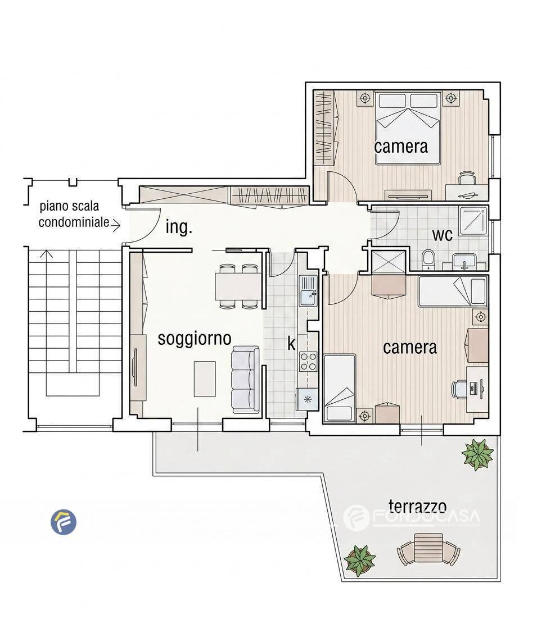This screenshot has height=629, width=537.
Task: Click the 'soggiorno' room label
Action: coord(195,339)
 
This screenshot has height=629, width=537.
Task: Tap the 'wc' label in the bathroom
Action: coord(442,235)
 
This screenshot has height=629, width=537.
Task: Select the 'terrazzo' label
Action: coord(417,506)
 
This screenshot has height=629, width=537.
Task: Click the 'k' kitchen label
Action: coord(291,344)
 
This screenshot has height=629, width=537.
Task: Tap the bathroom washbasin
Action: coord(464,262)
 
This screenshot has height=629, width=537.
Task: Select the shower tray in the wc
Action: coord(473,220)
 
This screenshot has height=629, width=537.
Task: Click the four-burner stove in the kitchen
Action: coord(308,361)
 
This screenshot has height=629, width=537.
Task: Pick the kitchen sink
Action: coord(309,291)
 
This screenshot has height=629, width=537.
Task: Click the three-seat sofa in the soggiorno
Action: coord(245,380)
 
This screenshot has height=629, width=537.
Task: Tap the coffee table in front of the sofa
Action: coord(205,379)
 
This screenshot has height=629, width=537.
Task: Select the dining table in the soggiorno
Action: coord(238,286)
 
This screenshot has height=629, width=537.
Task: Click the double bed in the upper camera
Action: coord(408,128)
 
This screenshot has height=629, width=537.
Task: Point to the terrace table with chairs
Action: coord(428,549)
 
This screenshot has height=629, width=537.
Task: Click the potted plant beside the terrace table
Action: coord(360,560)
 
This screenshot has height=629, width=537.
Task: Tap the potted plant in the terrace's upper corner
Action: coord(477,454)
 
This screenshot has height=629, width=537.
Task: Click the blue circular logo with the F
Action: coord(64,522)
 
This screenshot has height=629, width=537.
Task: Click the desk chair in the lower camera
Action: coord(458,389)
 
